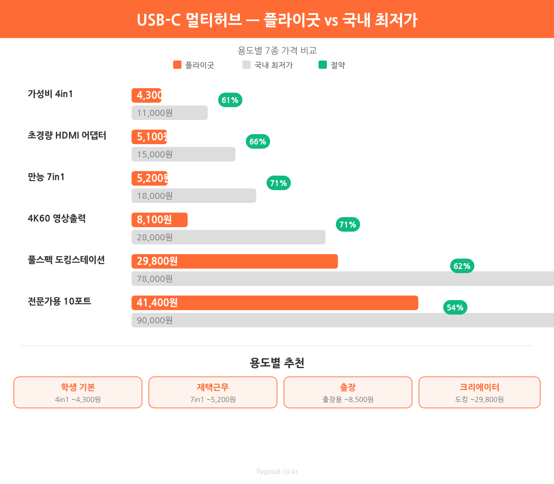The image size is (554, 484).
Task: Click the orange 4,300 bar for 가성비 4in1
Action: tap(146, 95)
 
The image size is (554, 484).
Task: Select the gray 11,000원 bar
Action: tap(170, 113)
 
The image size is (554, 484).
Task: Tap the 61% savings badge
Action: tap(230, 100)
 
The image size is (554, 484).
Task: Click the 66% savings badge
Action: tap(258, 142)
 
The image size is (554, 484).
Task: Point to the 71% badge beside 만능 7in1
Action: tap(278, 183)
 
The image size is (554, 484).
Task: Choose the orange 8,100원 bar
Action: tap(160, 220)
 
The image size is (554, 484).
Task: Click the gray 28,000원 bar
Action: tap(229, 237)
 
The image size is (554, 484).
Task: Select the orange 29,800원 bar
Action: tap(235, 261)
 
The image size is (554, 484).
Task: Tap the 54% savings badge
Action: tap(455, 308)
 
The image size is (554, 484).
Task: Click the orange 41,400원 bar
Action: tap(275, 303)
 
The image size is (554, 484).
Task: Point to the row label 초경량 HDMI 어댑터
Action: tap(67, 136)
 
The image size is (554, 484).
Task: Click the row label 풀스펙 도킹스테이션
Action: tap(66, 260)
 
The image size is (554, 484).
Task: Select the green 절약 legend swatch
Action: tap(323, 65)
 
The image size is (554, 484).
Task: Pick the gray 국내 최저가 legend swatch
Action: tap(247, 65)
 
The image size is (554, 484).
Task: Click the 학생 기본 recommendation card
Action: tap(78, 392)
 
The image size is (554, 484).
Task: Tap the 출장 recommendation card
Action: tap(348, 392)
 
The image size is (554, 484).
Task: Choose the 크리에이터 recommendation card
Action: tap(480, 392)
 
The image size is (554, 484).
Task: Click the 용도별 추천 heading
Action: tap(277, 363)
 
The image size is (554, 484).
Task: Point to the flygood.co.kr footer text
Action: tap(277, 472)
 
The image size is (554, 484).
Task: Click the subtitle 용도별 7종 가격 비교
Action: tap(277, 51)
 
